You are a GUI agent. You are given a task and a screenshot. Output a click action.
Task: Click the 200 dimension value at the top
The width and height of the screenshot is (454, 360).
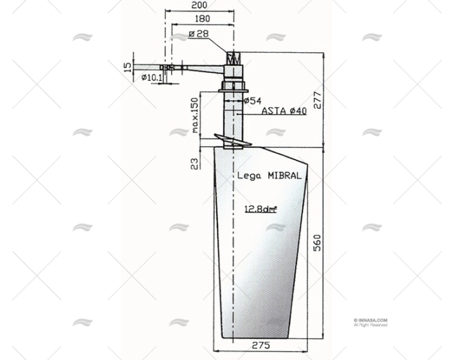[200, 5]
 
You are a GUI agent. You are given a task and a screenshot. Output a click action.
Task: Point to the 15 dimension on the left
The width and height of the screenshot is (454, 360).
[126, 67]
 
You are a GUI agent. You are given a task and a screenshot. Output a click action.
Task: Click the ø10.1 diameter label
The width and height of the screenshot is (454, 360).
[151, 77]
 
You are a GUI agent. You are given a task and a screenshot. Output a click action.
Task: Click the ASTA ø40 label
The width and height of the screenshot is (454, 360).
[283, 111]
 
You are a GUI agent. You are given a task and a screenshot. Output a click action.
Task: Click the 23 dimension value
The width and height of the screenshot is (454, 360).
[195, 163]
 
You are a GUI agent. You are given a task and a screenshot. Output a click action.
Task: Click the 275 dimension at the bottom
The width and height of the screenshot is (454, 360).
[260, 344]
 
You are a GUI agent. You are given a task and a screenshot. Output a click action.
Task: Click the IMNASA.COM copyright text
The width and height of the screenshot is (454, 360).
[370, 320]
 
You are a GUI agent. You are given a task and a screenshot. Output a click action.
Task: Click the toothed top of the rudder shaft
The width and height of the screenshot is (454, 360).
[233, 58]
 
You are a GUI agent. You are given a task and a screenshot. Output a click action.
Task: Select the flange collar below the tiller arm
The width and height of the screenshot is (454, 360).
[233, 86]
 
